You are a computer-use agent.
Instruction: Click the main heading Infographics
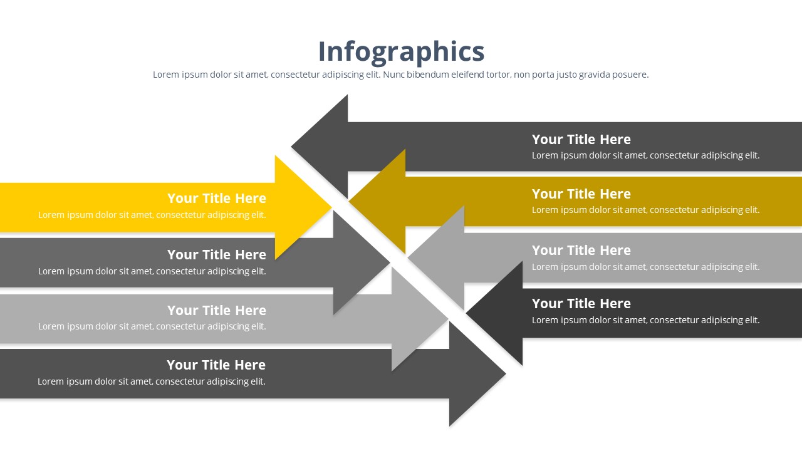pyautogui.click(x=401, y=51)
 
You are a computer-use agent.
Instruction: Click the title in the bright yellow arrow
pyautogui.click(x=216, y=199)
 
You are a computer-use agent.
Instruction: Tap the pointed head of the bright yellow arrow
pyautogui.click(x=301, y=207)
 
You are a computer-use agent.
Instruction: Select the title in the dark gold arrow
pyautogui.click(x=581, y=194)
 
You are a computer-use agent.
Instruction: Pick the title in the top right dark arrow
pyautogui.click(x=581, y=140)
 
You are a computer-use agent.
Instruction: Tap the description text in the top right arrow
pyautogui.click(x=645, y=155)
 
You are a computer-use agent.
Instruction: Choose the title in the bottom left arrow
pyautogui.click(x=216, y=365)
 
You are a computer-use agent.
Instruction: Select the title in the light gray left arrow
pyautogui.click(x=216, y=311)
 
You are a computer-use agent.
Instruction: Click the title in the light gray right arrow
pyautogui.click(x=581, y=251)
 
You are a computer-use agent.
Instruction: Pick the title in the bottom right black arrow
pyautogui.click(x=581, y=304)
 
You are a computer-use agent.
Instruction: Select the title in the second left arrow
pyautogui.click(x=216, y=255)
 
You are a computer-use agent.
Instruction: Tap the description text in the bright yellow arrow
pyautogui.click(x=152, y=215)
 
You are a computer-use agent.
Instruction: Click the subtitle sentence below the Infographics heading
pyautogui.click(x=401, y=75)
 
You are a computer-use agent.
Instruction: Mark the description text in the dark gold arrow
pyautogui.click(x=645, y=210)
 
